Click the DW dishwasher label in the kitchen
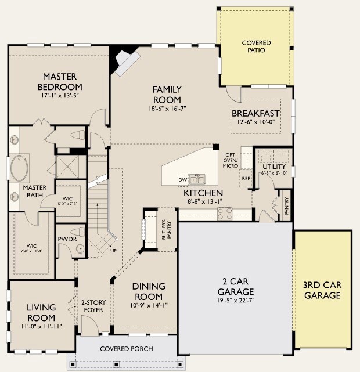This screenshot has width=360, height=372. point(183,180)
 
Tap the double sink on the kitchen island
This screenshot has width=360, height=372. point(197,179)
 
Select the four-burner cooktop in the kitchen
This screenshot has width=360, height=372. point(225,214)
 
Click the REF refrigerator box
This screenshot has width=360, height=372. point(246,178)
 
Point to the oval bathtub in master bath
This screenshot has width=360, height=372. point(19,168)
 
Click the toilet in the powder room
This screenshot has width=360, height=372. point(78,232)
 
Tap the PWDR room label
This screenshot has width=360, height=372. point(67,239)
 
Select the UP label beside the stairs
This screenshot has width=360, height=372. point(113,250)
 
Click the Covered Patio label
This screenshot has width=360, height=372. point(256,46)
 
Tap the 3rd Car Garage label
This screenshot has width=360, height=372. point(322,290)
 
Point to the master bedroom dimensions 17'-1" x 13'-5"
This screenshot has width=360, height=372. point(60,96)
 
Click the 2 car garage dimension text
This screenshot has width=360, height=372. point(236,301)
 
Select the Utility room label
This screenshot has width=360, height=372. point(274,167)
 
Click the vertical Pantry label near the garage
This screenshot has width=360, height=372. point(286,206)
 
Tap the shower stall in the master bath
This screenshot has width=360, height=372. point(67,167)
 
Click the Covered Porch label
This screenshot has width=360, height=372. point(127,349)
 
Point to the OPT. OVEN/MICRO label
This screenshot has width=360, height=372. point(230,160)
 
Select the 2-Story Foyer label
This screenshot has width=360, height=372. point(93,306)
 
